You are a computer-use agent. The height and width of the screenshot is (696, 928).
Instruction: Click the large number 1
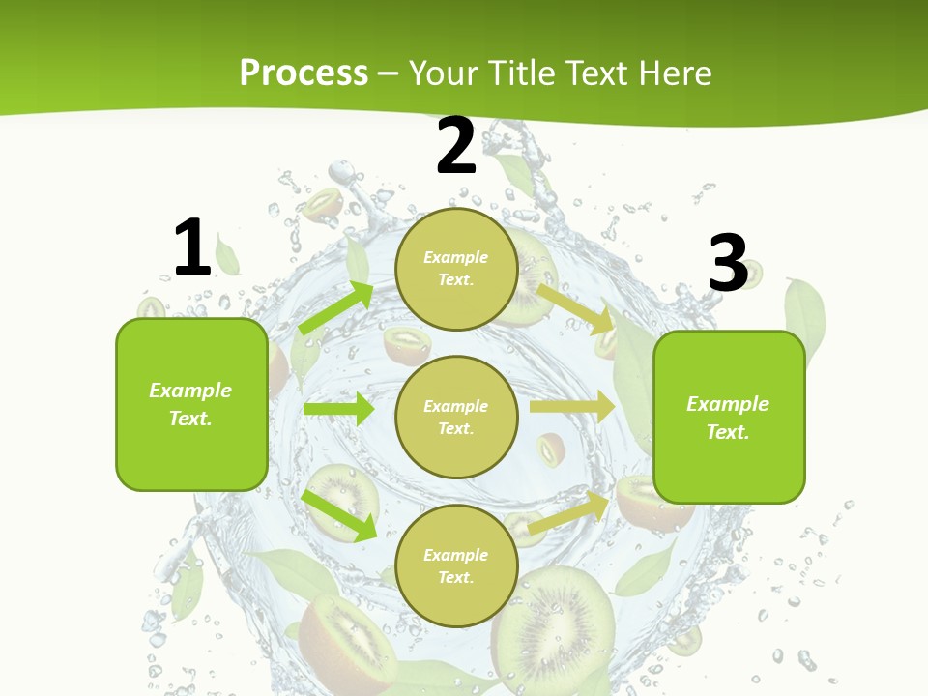pos(192,247)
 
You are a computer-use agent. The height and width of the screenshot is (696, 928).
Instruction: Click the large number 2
pos(456,146)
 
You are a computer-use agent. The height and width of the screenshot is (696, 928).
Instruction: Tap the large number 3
pos(728,263)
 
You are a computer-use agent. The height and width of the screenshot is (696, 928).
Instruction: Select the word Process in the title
pos(304,72)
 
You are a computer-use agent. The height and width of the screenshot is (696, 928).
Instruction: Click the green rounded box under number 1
pos(191,404)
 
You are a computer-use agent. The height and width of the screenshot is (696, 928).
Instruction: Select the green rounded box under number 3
pos(729,417)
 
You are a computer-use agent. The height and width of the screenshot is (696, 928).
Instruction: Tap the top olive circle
pos(456,269)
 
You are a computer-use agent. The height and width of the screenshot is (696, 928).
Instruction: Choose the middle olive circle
pos(456,417)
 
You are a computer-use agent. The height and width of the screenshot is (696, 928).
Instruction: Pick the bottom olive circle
pos(456,565)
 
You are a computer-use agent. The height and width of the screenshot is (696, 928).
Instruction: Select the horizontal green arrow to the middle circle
pos(338,409)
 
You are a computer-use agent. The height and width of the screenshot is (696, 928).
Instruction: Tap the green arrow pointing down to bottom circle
pos(339,515)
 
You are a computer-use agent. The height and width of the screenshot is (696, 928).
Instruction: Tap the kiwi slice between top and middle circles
pos(407,343)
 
